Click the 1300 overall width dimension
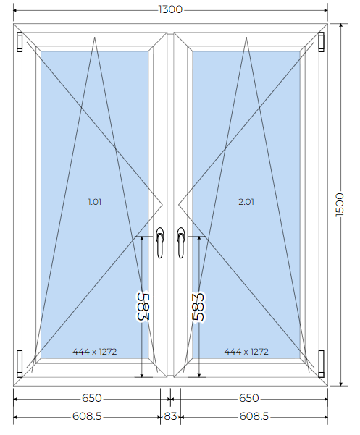(x=170, y=9)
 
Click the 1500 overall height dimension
(x=340, y=205)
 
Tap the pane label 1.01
(x=95, y=202)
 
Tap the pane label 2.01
(x=246, y=202)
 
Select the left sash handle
(x=160, y=242)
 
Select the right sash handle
(x=180, y=242)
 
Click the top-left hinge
(x=20, y=42)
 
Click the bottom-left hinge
(x=20, y=363)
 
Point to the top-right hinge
(x=321, y=42)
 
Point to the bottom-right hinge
(x=321, y=363)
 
